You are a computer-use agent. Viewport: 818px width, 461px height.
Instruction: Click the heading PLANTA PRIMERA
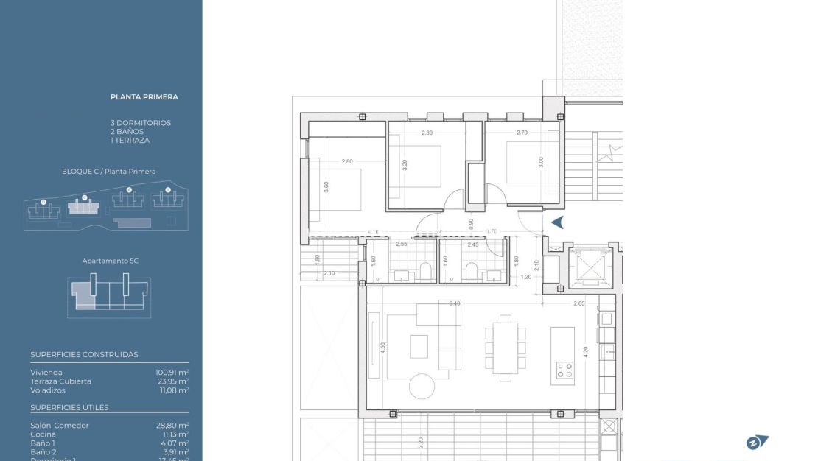coord(144,96)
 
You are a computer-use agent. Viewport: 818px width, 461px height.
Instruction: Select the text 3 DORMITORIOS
coord(141,123)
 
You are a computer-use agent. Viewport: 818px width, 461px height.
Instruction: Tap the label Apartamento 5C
coord(111,261)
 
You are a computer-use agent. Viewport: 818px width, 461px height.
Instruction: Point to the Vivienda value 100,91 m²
coord(172,373)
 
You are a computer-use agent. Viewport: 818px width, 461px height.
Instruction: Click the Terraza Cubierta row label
coord(61,381)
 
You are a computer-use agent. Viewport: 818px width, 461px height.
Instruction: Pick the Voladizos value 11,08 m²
coord(174,390)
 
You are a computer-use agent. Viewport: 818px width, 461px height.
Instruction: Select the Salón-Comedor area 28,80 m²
coord(172,426)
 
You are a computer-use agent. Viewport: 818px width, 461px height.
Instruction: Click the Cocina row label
coord(43,434)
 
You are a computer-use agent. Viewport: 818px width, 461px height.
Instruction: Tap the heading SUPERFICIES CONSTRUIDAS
coord(84,354)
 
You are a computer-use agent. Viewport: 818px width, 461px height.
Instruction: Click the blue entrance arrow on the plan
coord(558,222)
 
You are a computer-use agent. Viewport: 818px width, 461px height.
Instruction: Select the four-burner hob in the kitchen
coord(564,370)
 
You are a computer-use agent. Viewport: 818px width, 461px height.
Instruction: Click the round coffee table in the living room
coord(422,386)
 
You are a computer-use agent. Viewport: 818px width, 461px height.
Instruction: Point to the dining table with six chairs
coord(505,348)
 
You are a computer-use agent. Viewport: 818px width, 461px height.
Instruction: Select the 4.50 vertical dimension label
coord(383,348)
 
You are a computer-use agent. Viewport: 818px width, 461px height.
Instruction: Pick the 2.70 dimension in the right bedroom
coord(522,133)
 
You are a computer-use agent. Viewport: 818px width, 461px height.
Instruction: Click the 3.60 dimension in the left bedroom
coord(326,186)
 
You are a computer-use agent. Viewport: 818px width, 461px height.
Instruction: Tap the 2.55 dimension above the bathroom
coord(402,244)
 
